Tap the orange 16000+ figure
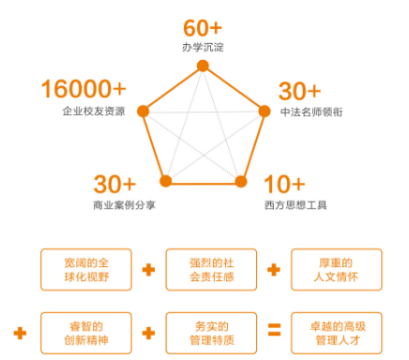coord(83,90)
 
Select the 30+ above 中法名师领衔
coord(299,91)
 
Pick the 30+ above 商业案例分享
coord(114,183)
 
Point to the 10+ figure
coord(282,183)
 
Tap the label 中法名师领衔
coord(311,112)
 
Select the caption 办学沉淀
coord(203,47)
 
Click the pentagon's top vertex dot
coord(203,65)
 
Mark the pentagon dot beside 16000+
coord(143,112)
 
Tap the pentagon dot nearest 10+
coord(240,180)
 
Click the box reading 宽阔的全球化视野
coord(83,269)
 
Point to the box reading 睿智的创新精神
coord(83,331)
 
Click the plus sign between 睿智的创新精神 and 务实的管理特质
coord(147,331)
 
